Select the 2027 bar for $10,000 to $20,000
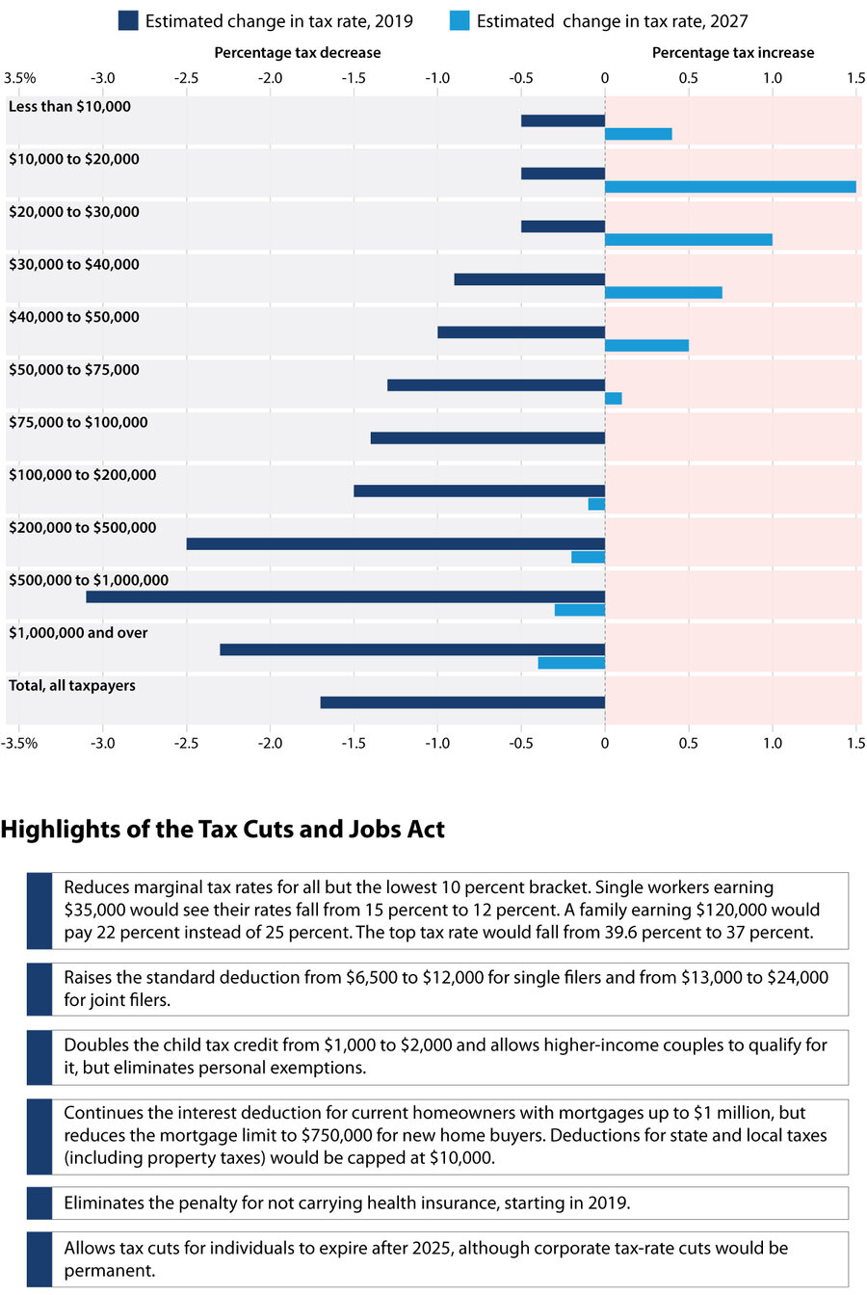coord(730,187)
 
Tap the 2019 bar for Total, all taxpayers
coord(462,702)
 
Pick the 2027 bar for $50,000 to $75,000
coord(614,398)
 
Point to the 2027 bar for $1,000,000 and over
coord(571,663)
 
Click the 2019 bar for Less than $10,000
coord(563,120)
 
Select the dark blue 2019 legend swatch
coord(128,20)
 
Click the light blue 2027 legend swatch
coord(460,20)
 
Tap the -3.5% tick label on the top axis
coord(20,78)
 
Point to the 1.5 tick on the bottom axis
coord(855,743)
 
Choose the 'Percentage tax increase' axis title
coord(733,53)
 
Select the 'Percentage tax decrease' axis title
coord(298,53)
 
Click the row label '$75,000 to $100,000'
coord(78,422)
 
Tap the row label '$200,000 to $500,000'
coord(82,528)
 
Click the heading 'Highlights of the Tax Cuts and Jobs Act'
coord(223,830)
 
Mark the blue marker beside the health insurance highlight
coord(39,1202)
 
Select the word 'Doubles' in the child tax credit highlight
coord(93,1045)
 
